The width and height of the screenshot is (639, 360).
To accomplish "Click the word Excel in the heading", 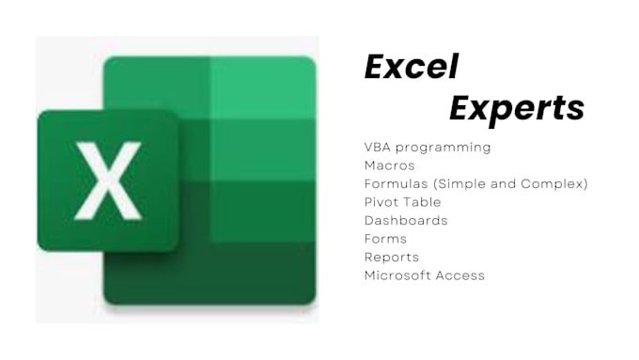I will (411, 68).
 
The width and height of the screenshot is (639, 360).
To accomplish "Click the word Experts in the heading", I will (516, 108).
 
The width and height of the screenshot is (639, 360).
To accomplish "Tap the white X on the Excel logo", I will (107, 180).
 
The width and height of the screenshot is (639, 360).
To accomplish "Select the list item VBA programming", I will (427, 148).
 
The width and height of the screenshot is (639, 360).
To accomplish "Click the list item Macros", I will (389, 165).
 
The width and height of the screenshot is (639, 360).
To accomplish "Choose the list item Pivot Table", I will (402, 202).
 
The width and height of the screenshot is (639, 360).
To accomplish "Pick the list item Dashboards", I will (406, 220).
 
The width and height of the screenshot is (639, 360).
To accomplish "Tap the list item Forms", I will (385, 239).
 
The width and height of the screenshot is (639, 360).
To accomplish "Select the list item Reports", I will (391, 257).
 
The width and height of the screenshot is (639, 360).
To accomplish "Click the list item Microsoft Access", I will (424, 275).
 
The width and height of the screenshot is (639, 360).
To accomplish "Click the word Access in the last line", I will (460, 275).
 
